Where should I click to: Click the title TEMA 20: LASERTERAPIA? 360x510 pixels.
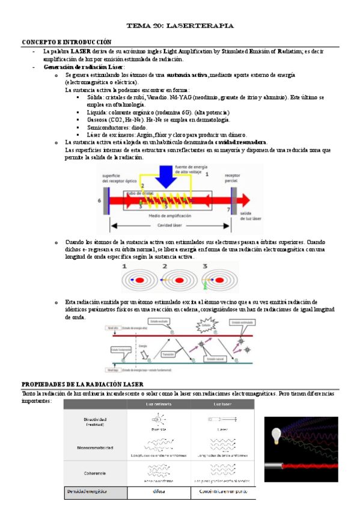click(x=180, y=26)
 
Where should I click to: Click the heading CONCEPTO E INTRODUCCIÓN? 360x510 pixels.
click(x=67, y=42)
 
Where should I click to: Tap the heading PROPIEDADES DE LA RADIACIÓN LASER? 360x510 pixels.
click(x=82, y=384)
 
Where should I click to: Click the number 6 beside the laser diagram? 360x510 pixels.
click(x=100, y=200)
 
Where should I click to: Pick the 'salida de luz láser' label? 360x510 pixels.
click(x=246, y=215)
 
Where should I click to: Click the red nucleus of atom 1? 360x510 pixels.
click(x=139, y=280)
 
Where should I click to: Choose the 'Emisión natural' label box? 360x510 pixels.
click(x=215, y=358)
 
